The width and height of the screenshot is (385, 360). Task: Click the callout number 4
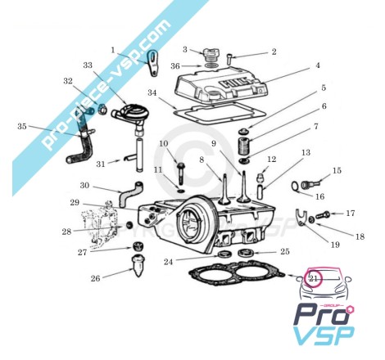pos(318,65)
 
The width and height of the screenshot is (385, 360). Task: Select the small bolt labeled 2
pos(229,59)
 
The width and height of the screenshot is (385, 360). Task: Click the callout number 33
pos(88,65)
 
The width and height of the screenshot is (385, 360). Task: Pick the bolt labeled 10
pos(180,173)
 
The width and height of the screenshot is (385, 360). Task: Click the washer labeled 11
pos(180,190)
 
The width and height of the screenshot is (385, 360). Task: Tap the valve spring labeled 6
pos(244,147)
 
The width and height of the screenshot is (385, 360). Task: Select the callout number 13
pos(306,152)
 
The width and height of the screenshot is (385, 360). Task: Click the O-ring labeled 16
pos(296,187)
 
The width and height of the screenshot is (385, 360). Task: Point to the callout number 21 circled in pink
pos(313,279)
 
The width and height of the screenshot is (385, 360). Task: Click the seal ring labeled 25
pos(246,253)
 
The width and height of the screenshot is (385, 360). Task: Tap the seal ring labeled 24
pos(224,254)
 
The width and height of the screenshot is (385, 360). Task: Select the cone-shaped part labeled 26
pos(138,265)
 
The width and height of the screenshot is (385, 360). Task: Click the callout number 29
pos(75,203)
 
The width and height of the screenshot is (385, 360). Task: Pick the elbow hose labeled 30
pos(130,194)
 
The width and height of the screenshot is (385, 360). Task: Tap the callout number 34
pos(152,92)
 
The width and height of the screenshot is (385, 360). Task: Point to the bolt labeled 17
pos(323,215)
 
